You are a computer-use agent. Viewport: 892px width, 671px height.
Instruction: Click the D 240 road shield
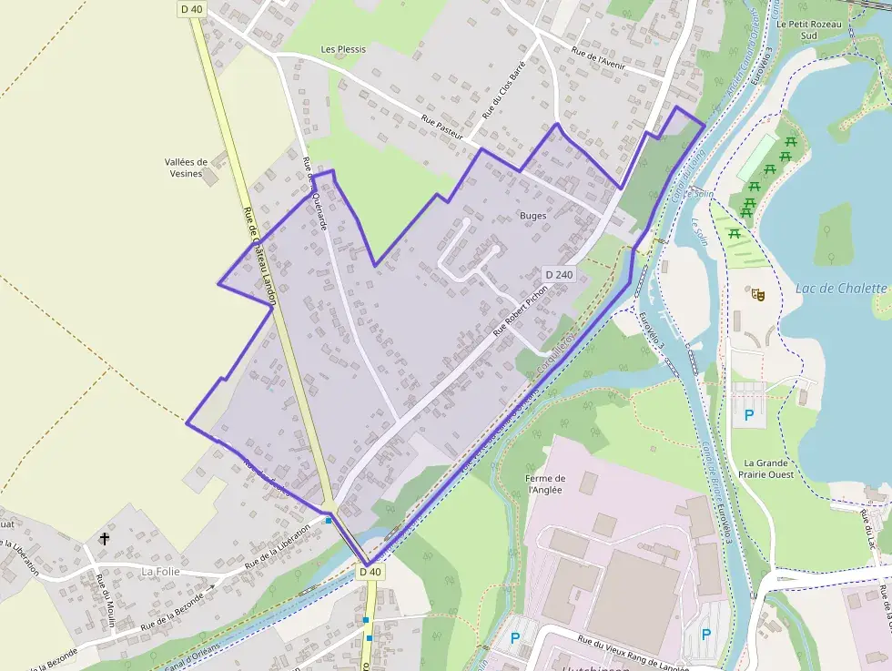click(559, 274)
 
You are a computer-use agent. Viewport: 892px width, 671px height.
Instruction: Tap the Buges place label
click(532, 216)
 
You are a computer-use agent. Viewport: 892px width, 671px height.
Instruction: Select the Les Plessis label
click(342, 48)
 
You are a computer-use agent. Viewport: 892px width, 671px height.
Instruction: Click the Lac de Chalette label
click(840, 289)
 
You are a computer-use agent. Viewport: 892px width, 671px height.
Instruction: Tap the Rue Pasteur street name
click(442, 127)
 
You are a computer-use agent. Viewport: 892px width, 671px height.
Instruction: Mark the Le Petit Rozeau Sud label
click(798, 31)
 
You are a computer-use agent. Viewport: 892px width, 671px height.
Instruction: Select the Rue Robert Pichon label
click(520, 310)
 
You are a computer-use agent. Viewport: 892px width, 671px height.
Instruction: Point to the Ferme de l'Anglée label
click(545, 483)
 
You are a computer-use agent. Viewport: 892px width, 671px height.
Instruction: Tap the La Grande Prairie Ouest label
click(768, 468)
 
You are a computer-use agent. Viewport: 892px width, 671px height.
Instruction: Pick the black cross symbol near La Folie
click(105, 539)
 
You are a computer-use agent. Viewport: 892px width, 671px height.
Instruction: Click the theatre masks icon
click(755, 293)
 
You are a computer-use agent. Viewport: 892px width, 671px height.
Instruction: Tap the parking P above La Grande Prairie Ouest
click(749, 415)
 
